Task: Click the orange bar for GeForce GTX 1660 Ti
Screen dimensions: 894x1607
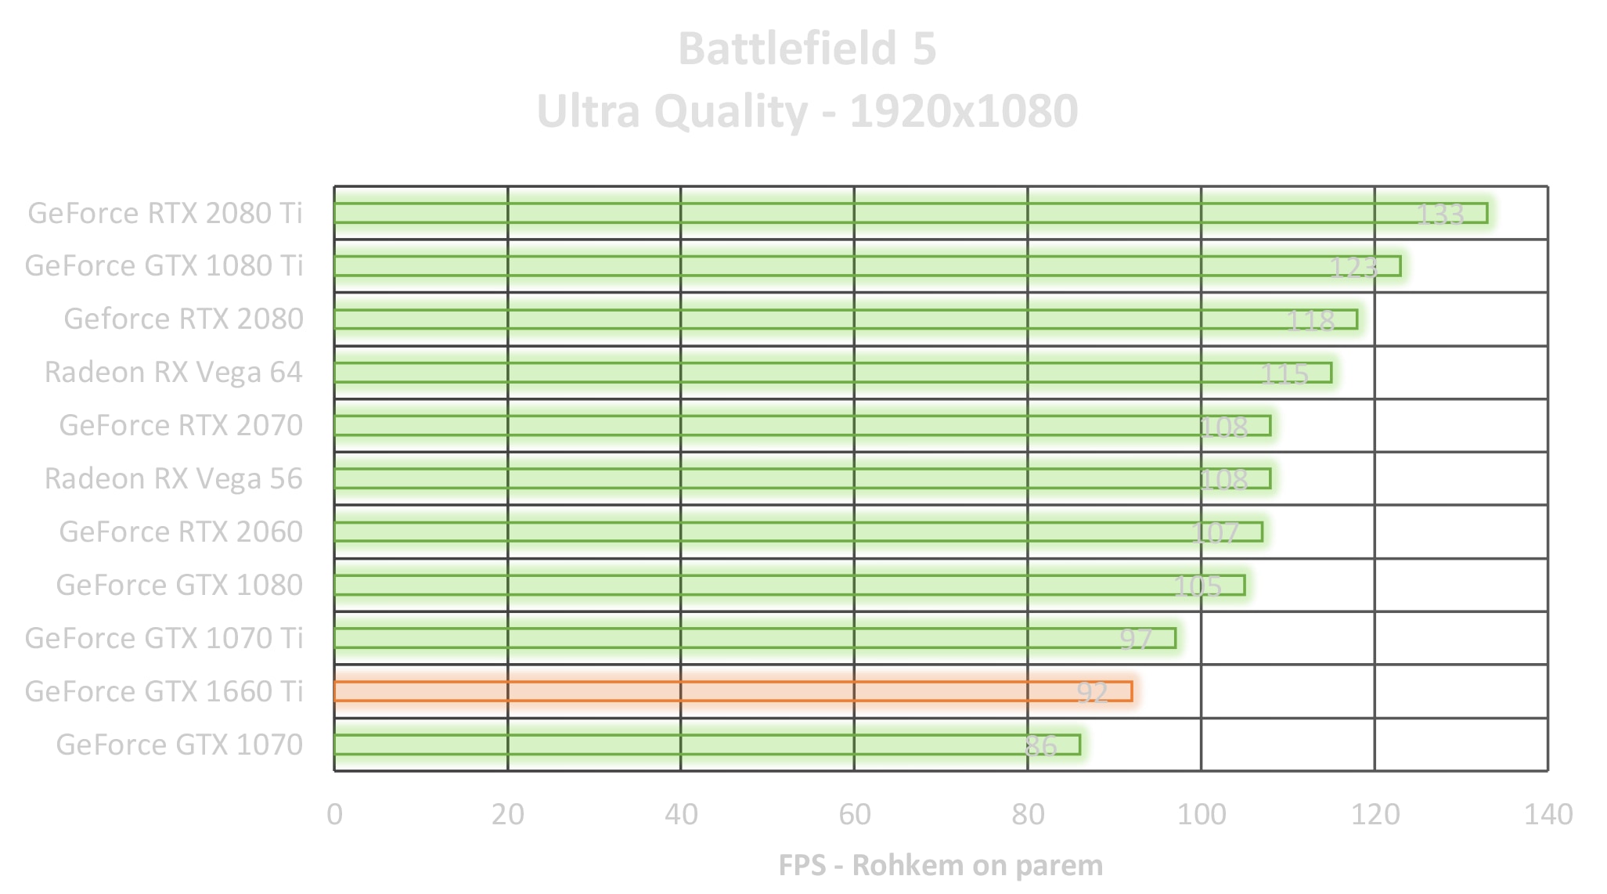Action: pyautogui.click(x=732, y=691)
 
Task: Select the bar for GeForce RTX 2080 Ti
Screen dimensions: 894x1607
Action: pyautogui.click(x=910, y=213)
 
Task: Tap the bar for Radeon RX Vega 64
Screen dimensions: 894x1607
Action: pyautogui.click(x=832, y=373)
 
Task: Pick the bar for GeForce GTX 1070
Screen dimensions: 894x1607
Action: pyautogui.click(x=706, y=744)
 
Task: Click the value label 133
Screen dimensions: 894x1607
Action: pyautogui.click(x=1439, y=214)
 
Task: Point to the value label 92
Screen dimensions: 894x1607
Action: pyautogui.click(x=1092, y=692)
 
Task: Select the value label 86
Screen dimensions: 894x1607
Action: pyautogui.click(x=1040, y=745)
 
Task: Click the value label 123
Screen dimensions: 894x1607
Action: pyautogui.click(x=1353, y=267)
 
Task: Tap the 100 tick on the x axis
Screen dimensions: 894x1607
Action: pyautogui.click(x=1202, y=815)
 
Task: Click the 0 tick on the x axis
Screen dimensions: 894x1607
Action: pyautogui.click(x=335, y=815)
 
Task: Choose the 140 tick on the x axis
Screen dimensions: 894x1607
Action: pyautogui.click(x=1548, y=815)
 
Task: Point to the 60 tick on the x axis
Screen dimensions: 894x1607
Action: pyautogui.click(x=854, y=815)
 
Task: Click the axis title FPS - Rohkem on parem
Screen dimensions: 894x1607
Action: pyautogui.click(x=940, y=865)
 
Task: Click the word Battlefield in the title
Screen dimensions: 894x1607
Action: pyautogui.click(x=787, y=49)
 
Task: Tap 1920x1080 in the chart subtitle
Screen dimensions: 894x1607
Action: pyautogui.click(x=964, y=111)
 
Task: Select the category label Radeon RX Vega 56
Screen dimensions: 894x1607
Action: pyautogui.click(x=173, y=478)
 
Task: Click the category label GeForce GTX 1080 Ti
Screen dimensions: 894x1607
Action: pyautogui.click(x=164, y=266)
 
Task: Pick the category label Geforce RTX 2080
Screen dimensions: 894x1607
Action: pyautogui.click(x=183, y=319)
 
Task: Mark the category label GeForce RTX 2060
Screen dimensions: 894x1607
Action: pyautogui.click(x=181, y=532)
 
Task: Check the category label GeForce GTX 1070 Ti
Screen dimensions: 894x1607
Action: pyautogui.click(x=164, y=639)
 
